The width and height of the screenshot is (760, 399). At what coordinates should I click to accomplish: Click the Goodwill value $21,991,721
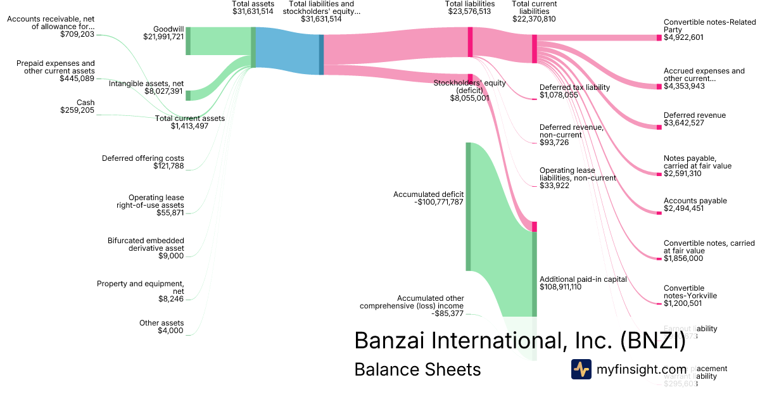[163, 37]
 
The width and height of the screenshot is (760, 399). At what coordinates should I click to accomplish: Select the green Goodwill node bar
[188, 41]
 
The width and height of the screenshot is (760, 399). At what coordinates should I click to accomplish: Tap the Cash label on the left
[85, 103]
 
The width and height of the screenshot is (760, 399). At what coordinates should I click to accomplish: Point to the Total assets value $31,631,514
[253, 11]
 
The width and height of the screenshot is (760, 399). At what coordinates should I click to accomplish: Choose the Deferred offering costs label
[143, 158]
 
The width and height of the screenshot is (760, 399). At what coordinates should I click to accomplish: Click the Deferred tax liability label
[574, 87]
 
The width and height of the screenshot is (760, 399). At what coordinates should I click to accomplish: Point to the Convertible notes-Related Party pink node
[659, 37]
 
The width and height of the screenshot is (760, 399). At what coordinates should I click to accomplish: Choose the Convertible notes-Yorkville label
[690, 292]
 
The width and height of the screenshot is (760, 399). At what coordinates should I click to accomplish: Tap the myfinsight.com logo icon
[581, 369]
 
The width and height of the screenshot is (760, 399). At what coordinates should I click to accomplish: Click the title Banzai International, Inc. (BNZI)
[519, 340]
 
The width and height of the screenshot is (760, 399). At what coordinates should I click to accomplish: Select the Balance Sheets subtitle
[417, 369]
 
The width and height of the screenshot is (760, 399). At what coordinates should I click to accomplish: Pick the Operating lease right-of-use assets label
[156, 201]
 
